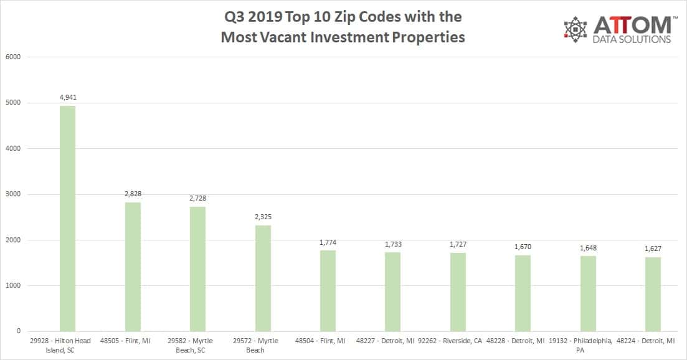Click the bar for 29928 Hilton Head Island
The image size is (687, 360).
pos(67,218)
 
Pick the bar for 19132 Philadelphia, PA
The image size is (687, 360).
pos(588,293)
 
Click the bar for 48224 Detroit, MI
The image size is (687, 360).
pos(653,294)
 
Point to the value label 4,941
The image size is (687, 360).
pos(67,97)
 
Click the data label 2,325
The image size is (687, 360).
pos(263,217)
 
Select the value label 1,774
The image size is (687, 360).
pos(328,242)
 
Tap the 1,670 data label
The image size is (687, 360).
pos(523,247)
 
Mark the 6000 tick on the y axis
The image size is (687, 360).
pos(14,57)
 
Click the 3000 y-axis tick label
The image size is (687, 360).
pos(14,194)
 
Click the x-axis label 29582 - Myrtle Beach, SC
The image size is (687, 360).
pos(197,345)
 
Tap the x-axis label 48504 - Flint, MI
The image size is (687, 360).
pos(328,341)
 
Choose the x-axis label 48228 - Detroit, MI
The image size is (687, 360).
pos(523,341)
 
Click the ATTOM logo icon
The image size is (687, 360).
pos(576,30)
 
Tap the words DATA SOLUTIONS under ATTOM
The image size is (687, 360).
pos(632,39)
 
